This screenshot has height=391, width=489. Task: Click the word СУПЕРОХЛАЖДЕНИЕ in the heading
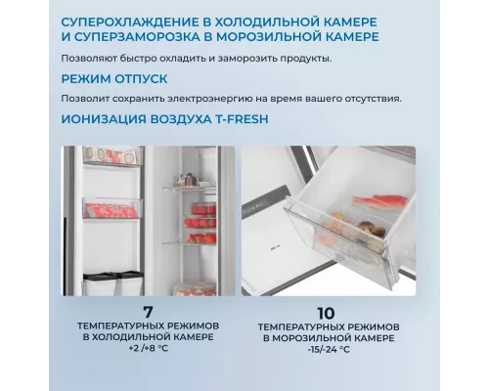coord(129,22)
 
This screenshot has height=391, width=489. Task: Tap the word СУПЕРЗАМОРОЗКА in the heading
coord(137,36)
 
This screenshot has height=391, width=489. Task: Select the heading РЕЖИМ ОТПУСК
coord(114,79)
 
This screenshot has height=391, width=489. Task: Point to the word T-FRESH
coord(242,119)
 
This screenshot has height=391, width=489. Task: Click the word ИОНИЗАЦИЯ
coord(104,119)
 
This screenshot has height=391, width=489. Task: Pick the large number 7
coord(148,312)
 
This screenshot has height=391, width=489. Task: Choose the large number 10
coord(326,314)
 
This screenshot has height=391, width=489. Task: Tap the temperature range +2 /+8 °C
coord(149,348)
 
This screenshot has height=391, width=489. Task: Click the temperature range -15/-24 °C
coord(329,350)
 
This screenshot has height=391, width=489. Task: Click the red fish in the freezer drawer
coord(380,200)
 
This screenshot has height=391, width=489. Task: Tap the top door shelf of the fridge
coord(112,155)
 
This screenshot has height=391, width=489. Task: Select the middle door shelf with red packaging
coord(112,208)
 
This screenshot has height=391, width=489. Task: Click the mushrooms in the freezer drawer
coord(371,228)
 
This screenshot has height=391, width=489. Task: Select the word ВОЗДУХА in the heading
coord(181,119)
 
